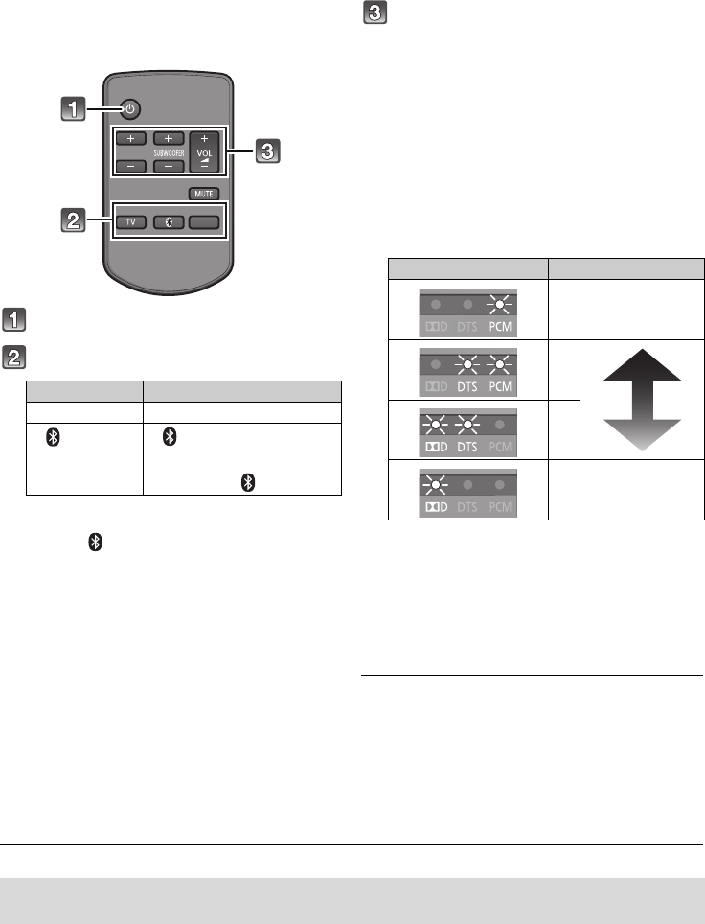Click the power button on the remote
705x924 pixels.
point(130,108)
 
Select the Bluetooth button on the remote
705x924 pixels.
point(168,221)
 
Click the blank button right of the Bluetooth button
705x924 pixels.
point(203,221)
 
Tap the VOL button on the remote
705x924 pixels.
point(204,151)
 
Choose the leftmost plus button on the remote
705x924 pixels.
point(130,138)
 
